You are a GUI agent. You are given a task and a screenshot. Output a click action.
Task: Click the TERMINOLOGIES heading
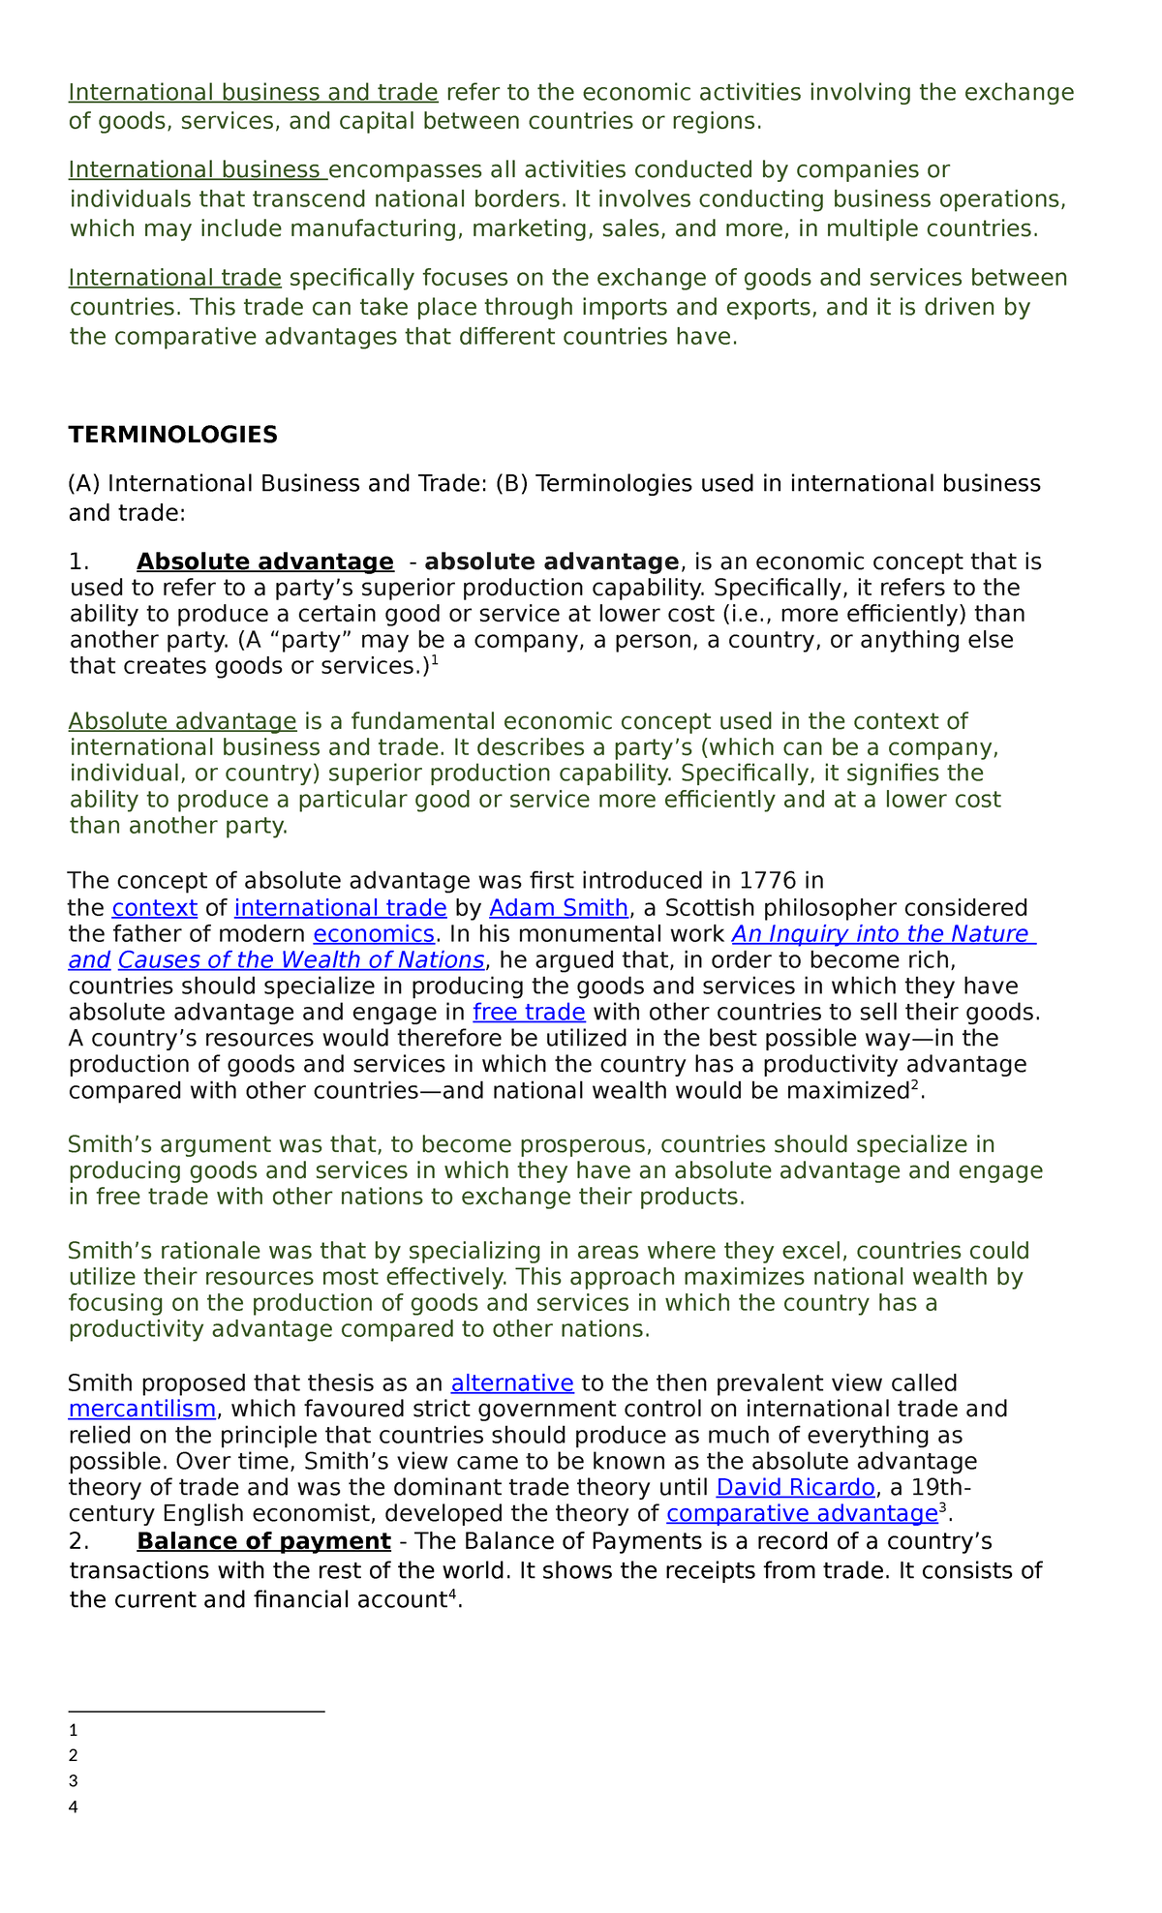172,435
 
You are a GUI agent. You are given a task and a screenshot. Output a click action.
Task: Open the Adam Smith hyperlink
559,908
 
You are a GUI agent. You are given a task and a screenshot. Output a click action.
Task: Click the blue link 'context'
155,908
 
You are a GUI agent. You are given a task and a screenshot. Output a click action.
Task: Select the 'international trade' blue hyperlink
340,908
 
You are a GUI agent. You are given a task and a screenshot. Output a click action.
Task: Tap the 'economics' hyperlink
374,934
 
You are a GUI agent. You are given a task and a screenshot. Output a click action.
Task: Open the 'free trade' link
529,1013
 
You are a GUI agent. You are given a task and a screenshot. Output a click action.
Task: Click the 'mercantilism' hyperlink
141,1409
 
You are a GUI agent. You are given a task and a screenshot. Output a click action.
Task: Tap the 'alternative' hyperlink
512,1382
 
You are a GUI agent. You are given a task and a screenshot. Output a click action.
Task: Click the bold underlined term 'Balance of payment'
263,1541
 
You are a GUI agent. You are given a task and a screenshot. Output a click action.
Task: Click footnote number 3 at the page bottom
74,1780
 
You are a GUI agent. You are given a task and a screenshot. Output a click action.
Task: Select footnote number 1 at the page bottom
74,1730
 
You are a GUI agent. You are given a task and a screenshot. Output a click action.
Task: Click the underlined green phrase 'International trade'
174,279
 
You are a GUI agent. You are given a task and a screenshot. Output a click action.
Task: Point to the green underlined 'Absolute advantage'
182,721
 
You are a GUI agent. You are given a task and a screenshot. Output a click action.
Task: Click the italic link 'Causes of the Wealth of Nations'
301,960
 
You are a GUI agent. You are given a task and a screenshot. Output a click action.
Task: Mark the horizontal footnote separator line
197,1711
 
